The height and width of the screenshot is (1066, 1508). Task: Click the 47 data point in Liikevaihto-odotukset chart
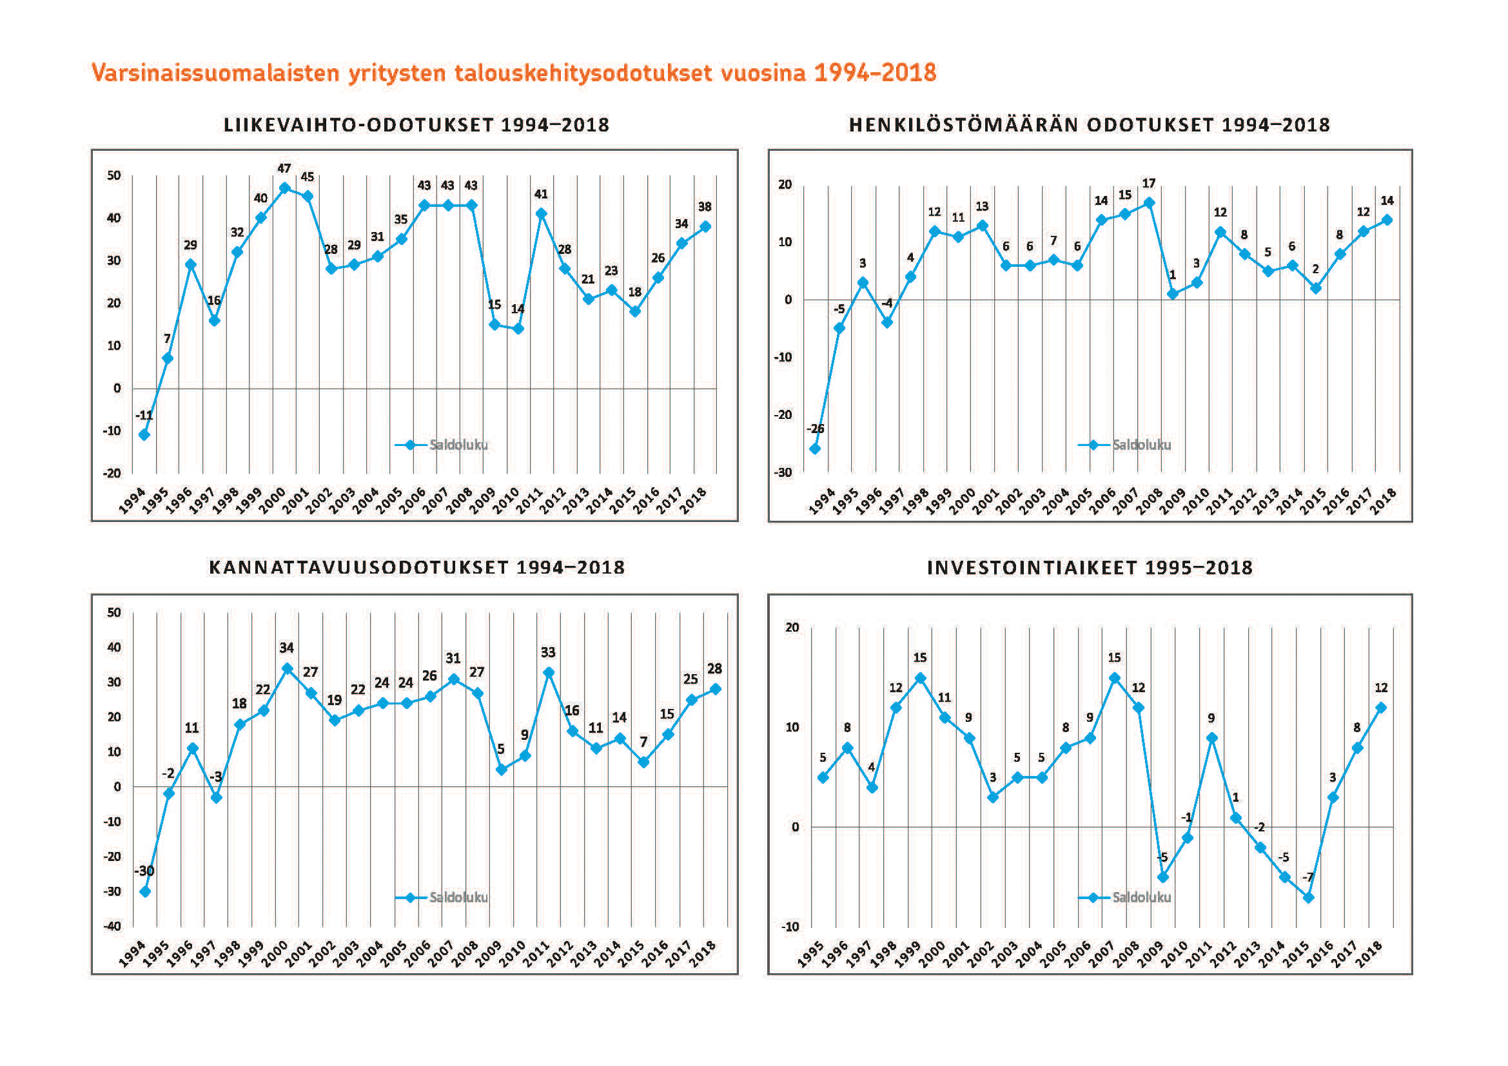coord(284,188)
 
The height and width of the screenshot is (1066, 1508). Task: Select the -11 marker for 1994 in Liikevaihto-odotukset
coord(144,434)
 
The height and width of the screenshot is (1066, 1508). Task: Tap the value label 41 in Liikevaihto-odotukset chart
coord(540,194)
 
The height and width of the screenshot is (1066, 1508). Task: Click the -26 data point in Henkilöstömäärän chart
coord(815,449)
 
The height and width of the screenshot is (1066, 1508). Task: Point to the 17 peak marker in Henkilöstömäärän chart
coord(1149,203)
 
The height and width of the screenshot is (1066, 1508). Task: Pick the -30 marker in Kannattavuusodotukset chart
coord(145,891)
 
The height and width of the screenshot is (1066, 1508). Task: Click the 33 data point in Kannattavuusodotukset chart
coord(549,673)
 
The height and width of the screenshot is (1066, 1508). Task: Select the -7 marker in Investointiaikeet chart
coord(1308,897)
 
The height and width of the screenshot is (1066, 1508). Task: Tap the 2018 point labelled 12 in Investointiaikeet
coord(1381,708)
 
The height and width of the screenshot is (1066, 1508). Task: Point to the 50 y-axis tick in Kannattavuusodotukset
coord(114,612)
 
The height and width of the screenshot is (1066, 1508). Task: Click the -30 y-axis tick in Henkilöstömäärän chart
coord(783,472)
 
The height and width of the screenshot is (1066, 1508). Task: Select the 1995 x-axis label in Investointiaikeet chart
coord(810,956)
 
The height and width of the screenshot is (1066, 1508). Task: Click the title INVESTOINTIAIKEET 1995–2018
coord(1090,568)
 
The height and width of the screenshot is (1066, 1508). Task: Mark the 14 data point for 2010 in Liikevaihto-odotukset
coord(518,329)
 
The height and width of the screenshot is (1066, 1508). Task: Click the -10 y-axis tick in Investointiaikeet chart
coord(790,927)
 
